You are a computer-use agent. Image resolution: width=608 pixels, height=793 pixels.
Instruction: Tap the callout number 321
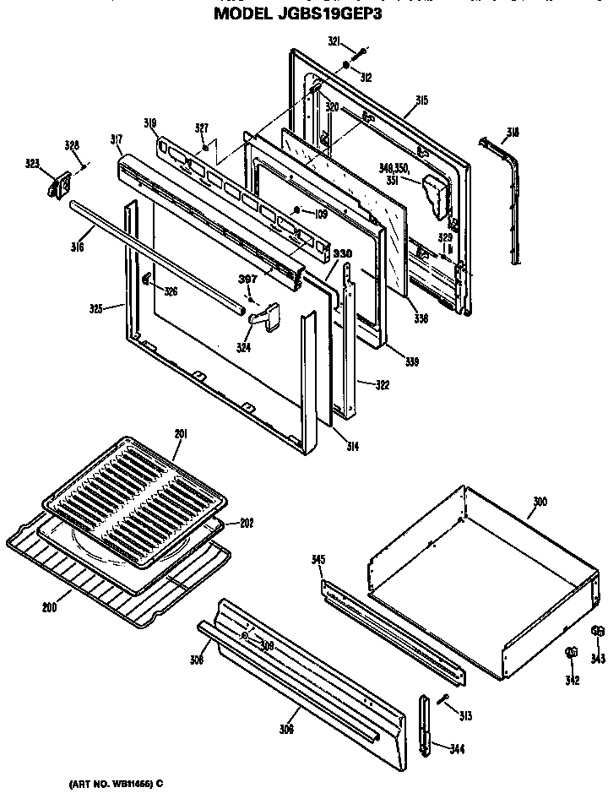click(334, 41)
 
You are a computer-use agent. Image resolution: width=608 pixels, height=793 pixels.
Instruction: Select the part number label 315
click(421, 100)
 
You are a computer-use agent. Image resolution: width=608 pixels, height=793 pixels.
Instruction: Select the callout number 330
click(341, 253)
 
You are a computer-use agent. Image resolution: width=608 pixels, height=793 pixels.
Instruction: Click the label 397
click(247, 280)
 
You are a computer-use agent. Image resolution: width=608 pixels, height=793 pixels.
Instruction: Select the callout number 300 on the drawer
click(540, 502)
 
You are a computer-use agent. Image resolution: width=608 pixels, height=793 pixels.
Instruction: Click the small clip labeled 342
click(570, 653)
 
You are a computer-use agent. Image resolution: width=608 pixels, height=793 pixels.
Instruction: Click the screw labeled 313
click(444, 698)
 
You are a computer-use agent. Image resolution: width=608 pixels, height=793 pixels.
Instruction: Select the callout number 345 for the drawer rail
click(318, 559)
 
